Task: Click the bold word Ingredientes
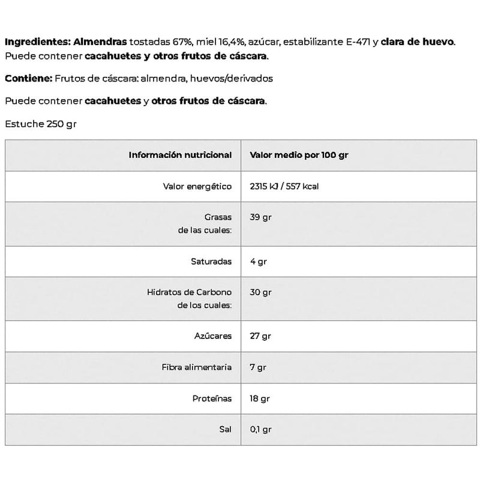[x=37, y=42]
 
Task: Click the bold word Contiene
[x=28, y=79]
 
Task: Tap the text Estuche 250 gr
[x=41, y=124]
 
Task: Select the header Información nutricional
[x=180, y=155]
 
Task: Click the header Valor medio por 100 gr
[x=299, y=155]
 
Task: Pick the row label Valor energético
[x=197, y=187]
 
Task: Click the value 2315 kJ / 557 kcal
[x=284, y=187]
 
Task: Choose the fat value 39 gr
[x=260, y=217]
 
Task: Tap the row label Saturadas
[x=211, y=262]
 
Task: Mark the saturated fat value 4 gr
[x=258, y=262]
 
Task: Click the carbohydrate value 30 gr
[x=260, y=292]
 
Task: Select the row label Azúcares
[x=212, y=337]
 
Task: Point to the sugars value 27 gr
[x=260, y=337]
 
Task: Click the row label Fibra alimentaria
[x=196, y=367]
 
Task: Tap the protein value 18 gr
[x=260, y=398]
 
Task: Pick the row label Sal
[x=226, y=430]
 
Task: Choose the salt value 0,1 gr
[x=260, y=430]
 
